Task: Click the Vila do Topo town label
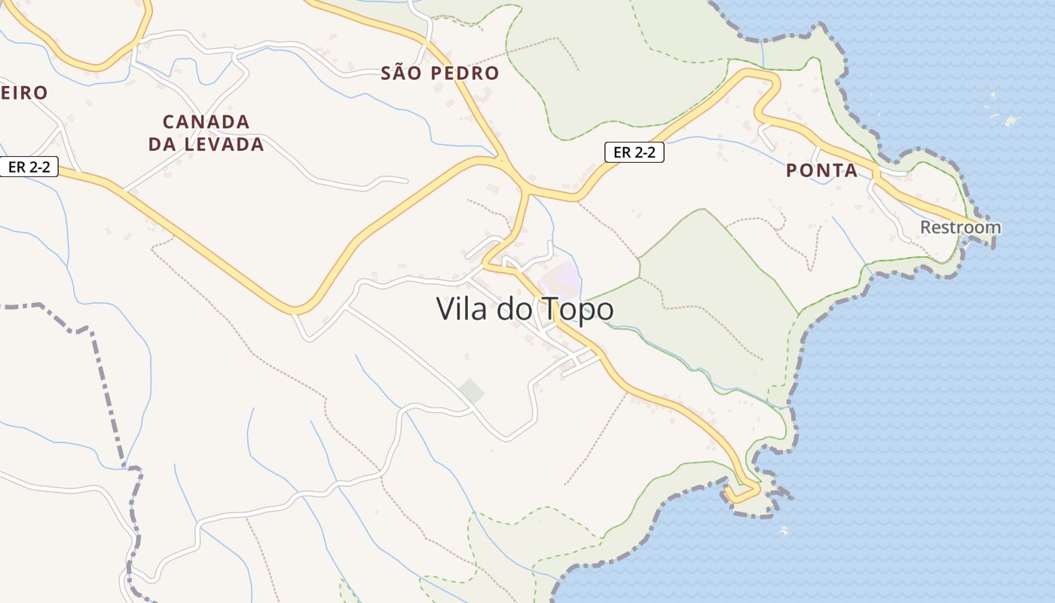point(524,309)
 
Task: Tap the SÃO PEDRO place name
point(440,73)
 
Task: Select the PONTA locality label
point(821,170)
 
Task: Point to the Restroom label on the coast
point(960,227)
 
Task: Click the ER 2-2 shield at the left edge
point(29,167)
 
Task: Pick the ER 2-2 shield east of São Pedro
point(634,152)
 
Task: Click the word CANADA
point(206,121)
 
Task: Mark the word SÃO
point(399,73)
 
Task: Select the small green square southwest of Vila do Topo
point(472,390)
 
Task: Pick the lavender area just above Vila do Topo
point(567,279)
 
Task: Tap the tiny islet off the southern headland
point(784,531)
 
